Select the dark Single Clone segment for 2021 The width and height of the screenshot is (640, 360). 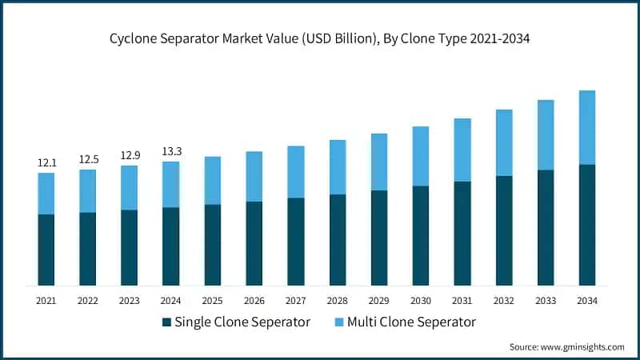pos(46,250)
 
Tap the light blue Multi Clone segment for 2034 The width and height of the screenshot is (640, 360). pos(587,127)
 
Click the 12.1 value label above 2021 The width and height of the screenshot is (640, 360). pos(46,163)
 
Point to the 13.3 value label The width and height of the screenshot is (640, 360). pos(171,152)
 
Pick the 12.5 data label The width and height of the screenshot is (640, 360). pos(88,159)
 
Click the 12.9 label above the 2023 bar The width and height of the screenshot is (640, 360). pos(130,155)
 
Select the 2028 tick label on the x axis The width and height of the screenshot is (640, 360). pos(338,300)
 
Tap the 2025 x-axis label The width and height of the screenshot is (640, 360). pos(213,300)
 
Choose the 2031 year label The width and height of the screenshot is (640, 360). pos(462,300)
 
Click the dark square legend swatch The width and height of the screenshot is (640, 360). pos(166,322)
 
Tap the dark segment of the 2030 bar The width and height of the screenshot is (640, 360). pos(421,235)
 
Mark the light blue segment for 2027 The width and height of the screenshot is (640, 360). pos(296,172)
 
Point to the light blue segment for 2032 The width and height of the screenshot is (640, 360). pos(504,142)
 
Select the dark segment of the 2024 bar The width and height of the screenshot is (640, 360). pos(171,246)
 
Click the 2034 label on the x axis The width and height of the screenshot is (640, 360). pos(587,300)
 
